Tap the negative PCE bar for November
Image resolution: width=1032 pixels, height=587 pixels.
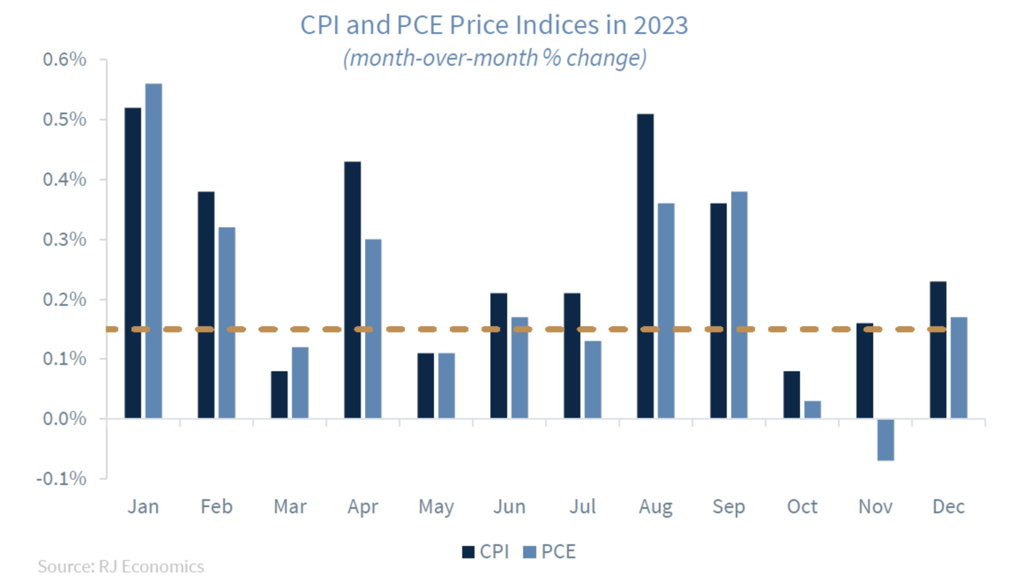[886, 440]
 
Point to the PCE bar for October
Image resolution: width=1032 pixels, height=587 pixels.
[812, 410]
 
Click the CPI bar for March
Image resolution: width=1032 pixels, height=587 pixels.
[279, 395]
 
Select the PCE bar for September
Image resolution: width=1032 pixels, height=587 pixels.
[739, 305]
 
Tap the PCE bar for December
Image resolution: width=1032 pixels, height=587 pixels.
[959, 367]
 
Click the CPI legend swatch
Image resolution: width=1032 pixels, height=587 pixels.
[468, 552]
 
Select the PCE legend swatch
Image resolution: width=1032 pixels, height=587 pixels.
[529, 552]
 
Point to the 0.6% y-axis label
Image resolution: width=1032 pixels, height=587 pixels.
[64, 60]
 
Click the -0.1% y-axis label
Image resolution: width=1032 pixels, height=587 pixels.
[61, 478]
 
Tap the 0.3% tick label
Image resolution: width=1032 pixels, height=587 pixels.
[64, 240]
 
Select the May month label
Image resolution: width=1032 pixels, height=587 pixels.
[436, 507]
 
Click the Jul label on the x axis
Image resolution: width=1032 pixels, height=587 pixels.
[582, 507]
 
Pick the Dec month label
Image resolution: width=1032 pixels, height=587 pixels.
[948, 507]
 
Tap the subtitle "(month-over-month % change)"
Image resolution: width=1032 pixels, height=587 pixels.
[495, 58]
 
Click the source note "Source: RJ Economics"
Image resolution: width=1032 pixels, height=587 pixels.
[121, 567]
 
